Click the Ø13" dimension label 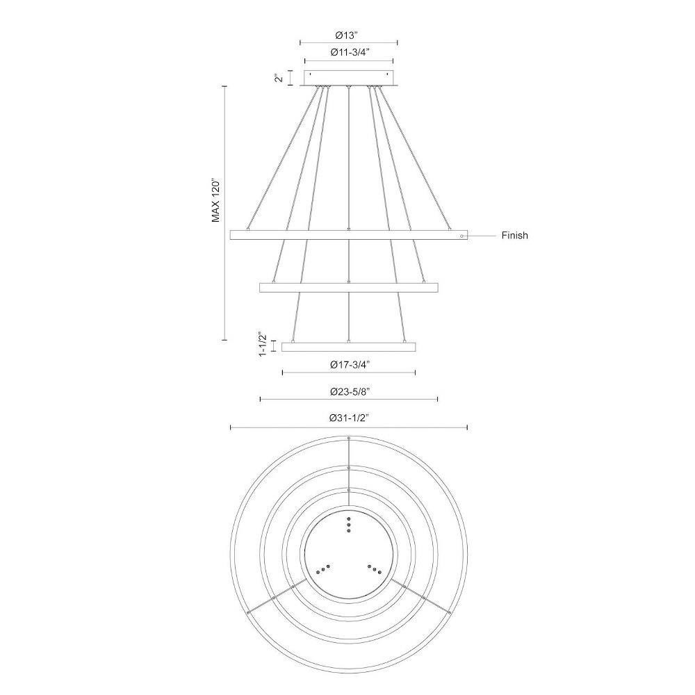[x=349, y=35]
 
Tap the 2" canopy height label [x=279, y=78]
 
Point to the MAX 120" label [x=216, y=200]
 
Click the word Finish [x=514, y=236]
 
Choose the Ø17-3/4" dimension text [x=350, y=365]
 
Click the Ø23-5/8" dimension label [x=350, y=391]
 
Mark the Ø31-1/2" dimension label [x=350, y=418]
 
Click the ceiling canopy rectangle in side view [x=349, y=78]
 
